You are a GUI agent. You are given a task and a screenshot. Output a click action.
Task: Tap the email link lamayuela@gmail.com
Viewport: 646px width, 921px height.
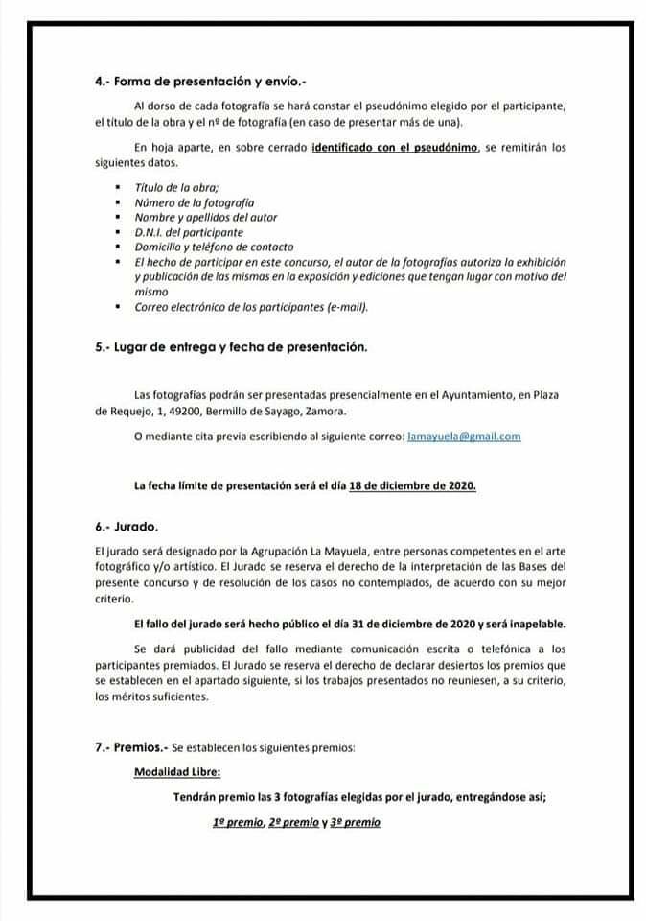coord(464,436)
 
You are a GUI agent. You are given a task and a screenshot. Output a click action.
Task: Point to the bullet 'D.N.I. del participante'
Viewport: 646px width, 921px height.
coord(189,232)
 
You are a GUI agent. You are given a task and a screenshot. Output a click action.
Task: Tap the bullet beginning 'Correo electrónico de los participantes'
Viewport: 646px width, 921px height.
coord(251,307)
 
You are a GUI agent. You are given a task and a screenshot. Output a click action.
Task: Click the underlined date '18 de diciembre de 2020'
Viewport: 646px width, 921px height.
coord(412,484)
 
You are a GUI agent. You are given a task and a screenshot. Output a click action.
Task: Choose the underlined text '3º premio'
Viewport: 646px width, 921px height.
coord(355,822)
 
